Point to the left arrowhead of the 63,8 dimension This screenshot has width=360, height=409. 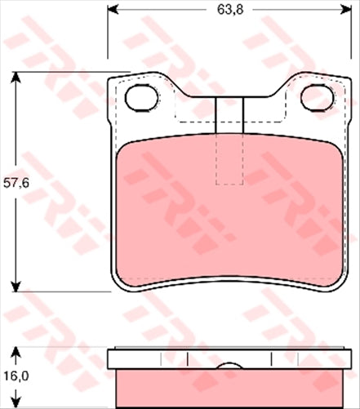tap(113, 11)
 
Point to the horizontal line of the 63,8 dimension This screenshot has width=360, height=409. tap(163, 11)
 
